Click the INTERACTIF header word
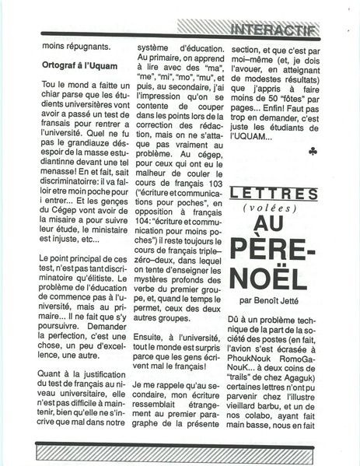(274, 30)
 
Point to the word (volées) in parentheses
(274, 208)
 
